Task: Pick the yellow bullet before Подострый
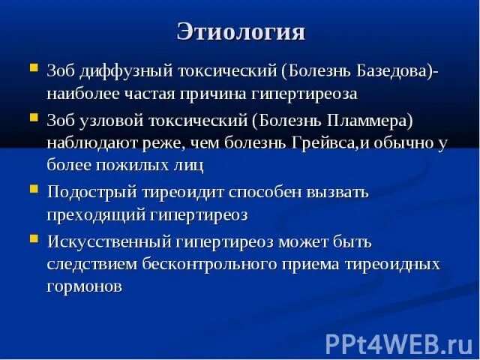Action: (34, 188)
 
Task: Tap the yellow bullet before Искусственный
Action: (34, 238)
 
